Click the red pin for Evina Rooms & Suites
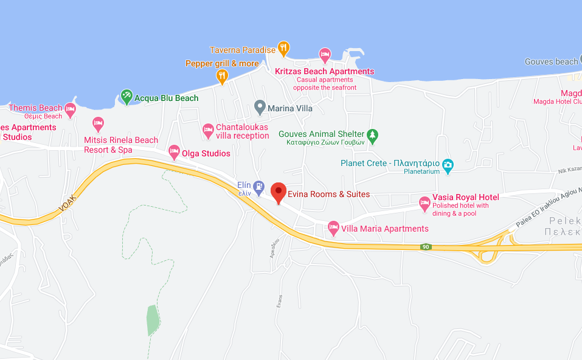pyautogui.click(x=279, y=192)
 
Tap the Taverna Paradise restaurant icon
pyautogui.click(x=283, y=47)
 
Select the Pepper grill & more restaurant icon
pyautogui.click(x=222, y=75)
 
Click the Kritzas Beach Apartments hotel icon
pyautogui.click(x=325, y=55)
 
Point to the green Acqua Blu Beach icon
pyautogui.click(x=126, y=95)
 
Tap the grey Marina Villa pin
pyautogui.click(x=259, y=106)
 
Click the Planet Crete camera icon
pyautogui.click(x=448, y=164)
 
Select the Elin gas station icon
pyautogui.click(x=259, y=185)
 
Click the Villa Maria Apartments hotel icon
pyautogui.click(x=333, y=228)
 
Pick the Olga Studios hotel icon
pyautogui.click(x=174, y=151)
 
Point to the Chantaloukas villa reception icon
pyautogui.click(x=208, y=130)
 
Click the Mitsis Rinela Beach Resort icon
pyautogui.click(x=98, y=123)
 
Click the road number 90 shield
pyautogui.click(x=426, y=247)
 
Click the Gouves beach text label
pyautogui.click(x=552, y=61)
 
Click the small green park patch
pyautogui.click(x=153, y=320)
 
